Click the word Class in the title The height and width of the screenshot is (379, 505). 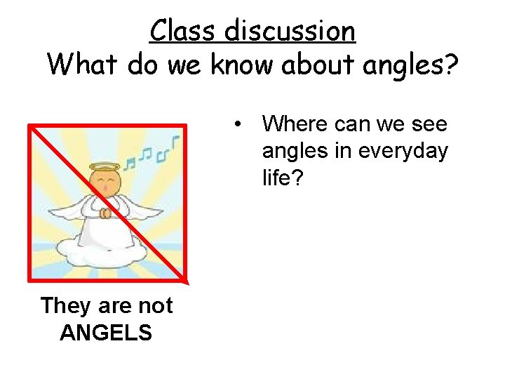click(184, 31)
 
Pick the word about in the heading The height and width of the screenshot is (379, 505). click(318, 65)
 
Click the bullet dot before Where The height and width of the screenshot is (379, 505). click(240, 125)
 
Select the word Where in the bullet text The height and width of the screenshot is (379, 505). click(295, 124)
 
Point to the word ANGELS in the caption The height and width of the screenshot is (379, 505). click(106, 332)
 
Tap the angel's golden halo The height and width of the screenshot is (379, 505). click(105, 167)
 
